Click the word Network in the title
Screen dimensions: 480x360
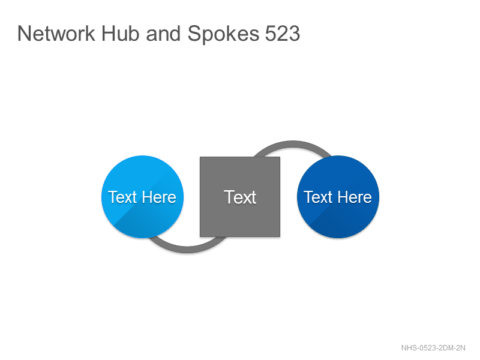pos(56,34)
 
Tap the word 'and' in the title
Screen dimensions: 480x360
pos(163,34)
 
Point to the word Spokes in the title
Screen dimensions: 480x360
pos(223,34)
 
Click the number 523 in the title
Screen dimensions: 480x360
pos(282,34)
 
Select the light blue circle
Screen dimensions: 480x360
pos(142,197)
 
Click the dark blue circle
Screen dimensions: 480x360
pos(338,197)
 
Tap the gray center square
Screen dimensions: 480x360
pos(240,197)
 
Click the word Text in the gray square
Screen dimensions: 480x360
pos(240,197)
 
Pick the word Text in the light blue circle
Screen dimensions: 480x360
pos(122,197)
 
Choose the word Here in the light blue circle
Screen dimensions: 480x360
pos(159,197)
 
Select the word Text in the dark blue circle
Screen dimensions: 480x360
pos(318,197)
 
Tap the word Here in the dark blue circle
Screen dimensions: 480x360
pos(355,197)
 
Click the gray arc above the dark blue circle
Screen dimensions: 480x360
pos(292,145)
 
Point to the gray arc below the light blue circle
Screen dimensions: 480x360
pos(187,250)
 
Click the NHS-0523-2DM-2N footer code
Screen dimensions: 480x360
pos(433,348)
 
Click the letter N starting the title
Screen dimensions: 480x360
pos(24,34)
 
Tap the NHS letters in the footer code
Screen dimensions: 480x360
pos(409,348)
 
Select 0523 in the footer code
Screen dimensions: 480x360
pos(427,348)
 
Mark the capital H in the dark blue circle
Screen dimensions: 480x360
pos(343,197)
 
